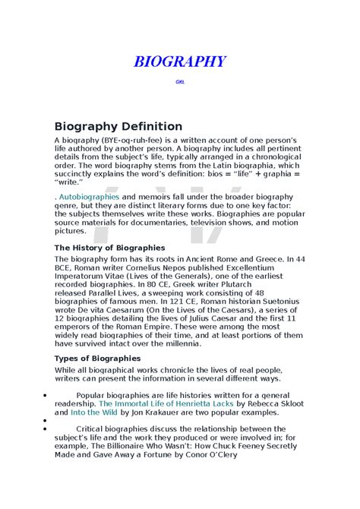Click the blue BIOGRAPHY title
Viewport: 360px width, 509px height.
click(x=180, y=62)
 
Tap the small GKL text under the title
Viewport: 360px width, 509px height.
click(x=180, y=81)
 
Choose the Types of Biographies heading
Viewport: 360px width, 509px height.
click(x=97, y=358)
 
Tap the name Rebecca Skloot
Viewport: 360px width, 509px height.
click(x=261, y=405)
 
